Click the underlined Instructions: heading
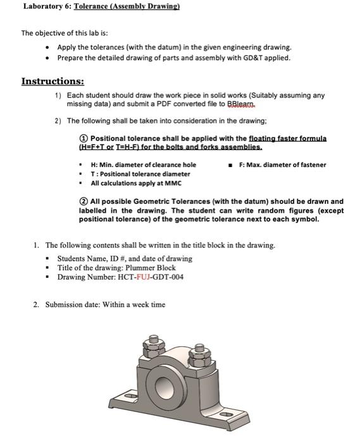coord(53,82)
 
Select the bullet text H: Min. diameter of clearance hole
coord(144,165)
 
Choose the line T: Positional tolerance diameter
coord(140,173)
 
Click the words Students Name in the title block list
coord(80,258)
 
